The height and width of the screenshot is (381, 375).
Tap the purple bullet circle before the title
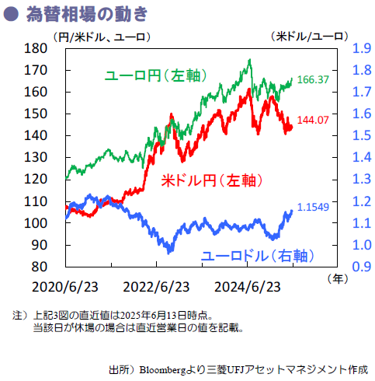pyautogui.click(x=12, y=14)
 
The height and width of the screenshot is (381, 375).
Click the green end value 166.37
pyautogui.click(x=313, y=80)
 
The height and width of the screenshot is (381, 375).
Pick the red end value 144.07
pyautogui.click(x=313, y=120)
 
